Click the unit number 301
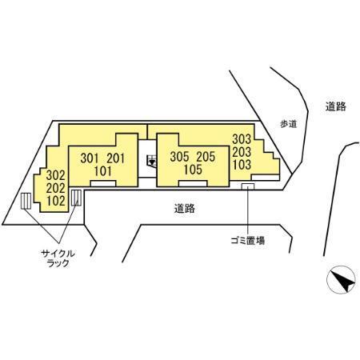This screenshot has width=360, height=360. pyautogui.click(x=90, y=158)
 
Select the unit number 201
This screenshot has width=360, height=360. pyautogui.click(x=116, y=158)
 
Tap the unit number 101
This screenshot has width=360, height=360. pyautogui.click(x=103, y=171)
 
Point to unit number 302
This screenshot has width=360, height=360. pyautogui.click(x=56, y=175)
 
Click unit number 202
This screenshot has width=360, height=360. pyautogui.click(x=56, y=188)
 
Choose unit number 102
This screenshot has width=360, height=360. pyautogui.click(x=56, y=201)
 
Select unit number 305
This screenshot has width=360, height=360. pyautogui.click(x=179, y=157)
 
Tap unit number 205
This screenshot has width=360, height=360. pyautogui.click(x=206, y=157)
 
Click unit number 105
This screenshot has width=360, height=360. pyautogui.click(x=193, y=170)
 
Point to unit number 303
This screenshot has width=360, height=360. pyautogui.click(x=242, y=139)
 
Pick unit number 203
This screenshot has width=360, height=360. pyautogui.click(x=242, y=152)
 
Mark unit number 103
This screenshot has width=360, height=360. pyautogui.click(x=242, y=165)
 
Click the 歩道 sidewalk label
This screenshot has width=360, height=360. pyautogui.click(x=289, y=124)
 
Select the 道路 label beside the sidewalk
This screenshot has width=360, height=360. pyautogui.click(x=336, y=106)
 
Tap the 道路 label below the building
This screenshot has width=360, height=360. pyautogui.click(x=185, y=208)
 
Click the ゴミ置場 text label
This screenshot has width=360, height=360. pyautogui.click(x=248, y=241)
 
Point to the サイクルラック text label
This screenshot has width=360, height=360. pyautogui.click(x=58, y=258)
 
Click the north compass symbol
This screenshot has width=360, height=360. pyautogui.click(x=341, y=280)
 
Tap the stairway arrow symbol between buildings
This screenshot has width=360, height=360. pyautogui.click(x=152, y=162)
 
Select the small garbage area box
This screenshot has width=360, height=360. pyautogui.click(x=248, y=186)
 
